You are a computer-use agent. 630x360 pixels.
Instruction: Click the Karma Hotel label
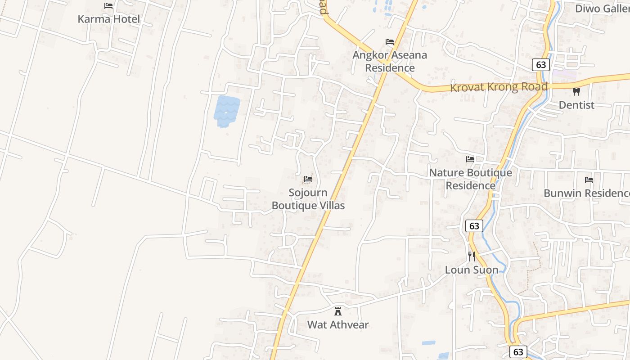(108, 19)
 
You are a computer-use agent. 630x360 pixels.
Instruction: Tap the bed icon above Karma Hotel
(108, 6)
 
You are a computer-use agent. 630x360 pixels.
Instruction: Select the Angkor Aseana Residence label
(390, 61)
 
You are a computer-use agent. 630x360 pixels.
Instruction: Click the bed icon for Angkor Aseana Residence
(390, 42)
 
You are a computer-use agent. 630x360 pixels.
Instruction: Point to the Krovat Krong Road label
(499, 87)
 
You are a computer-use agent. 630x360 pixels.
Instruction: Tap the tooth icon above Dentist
(576, 91)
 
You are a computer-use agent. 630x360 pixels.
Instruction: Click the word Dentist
(576, 105)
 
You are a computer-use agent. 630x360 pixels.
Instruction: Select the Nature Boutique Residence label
(470, 179)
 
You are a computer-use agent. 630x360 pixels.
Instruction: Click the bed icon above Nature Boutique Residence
(470, 159)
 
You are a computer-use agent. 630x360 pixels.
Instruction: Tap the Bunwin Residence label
(586, 193)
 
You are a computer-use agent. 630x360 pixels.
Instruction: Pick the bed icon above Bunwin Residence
(589, 180)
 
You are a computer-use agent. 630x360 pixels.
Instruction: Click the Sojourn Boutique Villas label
(308, 199)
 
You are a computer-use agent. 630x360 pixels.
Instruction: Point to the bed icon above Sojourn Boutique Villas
(308, 179)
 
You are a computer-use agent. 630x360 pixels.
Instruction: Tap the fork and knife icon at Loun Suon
(471, 256)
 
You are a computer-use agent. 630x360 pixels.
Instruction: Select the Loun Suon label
(472, 270)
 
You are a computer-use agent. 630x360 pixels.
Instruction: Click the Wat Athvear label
(338, 324)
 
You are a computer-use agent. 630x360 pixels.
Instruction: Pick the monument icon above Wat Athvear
(338, 311)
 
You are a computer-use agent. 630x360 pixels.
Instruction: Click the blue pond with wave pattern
(226, 111)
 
